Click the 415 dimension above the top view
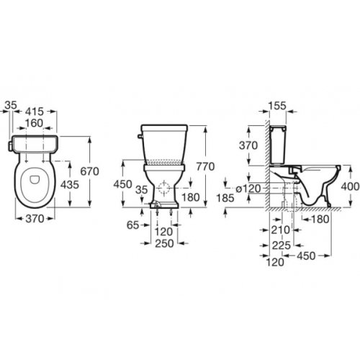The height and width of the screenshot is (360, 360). click(x=35, y=112)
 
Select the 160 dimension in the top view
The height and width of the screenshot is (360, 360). click(x=34, y=123)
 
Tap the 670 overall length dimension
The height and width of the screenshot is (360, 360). click(x=89, y=171)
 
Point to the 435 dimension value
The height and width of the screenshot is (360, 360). click(x=70, y=184)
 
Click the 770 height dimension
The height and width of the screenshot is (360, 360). click(x=205, y=166)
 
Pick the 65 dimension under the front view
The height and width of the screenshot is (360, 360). click(x=132, y=225)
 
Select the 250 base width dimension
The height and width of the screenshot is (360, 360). click(x=164, y=243)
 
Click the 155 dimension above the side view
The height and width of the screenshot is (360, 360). click(x=277, y=106)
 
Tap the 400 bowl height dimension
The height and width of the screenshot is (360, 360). click(x=351, y=186)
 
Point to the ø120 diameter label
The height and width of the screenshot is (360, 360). click(x=248, y=189)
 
